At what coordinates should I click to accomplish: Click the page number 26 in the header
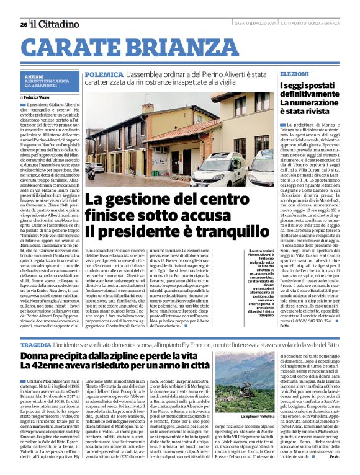coord(23,24)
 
